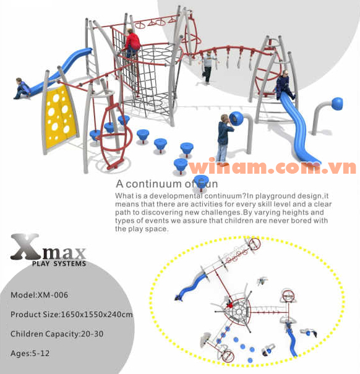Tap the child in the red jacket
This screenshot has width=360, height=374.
[x=132, y=43]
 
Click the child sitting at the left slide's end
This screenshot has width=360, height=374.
[x=22, y=88]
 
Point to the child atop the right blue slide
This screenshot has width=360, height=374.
[x=283, y=85]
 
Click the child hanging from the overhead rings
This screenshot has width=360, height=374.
[x=208, y=67]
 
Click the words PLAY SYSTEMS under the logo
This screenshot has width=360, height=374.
[x=59, y=264]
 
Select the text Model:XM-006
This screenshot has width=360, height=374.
[x=40, y=295]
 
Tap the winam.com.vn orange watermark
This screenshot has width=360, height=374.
[x=272, y=168]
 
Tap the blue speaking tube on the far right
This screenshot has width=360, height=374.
[x=336, y=104]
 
